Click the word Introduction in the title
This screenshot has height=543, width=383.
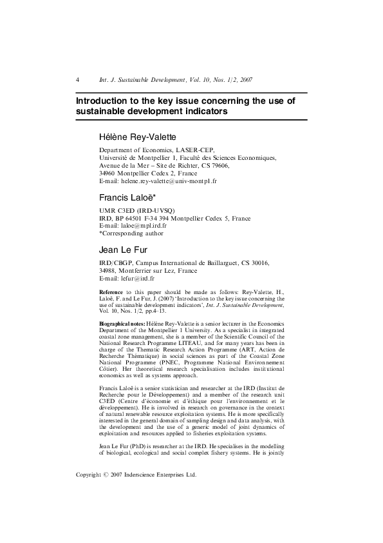point(102,101)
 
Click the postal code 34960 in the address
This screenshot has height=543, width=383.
point(109,174)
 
